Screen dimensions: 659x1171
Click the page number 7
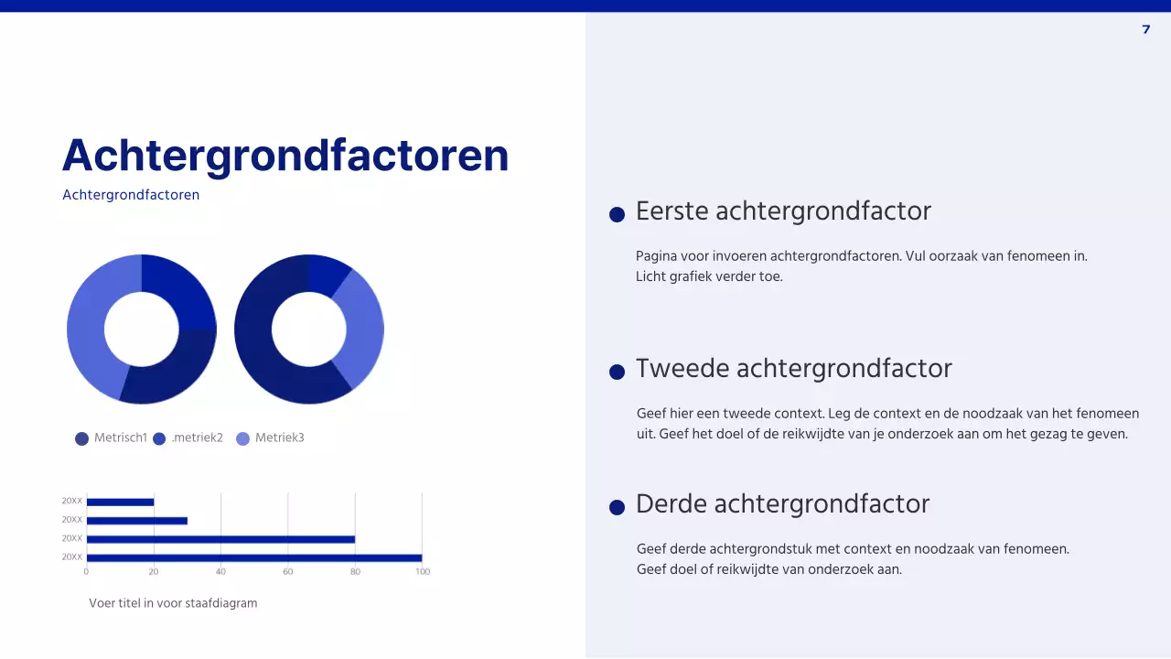click(1146, 29)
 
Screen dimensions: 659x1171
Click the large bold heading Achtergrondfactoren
click(285, 155)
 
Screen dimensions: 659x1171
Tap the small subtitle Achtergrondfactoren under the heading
click(131, 195)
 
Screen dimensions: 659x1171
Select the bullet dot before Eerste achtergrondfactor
click(617, 214)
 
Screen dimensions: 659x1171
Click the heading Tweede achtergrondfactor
click(793, 368)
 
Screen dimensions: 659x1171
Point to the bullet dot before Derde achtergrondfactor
click(617, 507)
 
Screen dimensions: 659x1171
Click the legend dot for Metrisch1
click(82, 438)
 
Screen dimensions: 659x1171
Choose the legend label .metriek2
click(197, 438)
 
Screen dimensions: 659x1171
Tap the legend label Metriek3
click(279, 438)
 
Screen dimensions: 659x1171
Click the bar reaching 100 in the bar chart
click(253, 557)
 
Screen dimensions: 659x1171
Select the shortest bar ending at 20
click(120, 502)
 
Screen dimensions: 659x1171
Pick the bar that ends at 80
click(220, 539)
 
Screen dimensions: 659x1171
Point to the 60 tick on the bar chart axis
click(287, 571)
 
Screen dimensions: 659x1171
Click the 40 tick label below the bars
click(220, 571)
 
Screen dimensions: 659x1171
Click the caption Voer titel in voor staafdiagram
click(173, 603)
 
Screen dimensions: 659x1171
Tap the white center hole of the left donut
click(142, 329)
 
